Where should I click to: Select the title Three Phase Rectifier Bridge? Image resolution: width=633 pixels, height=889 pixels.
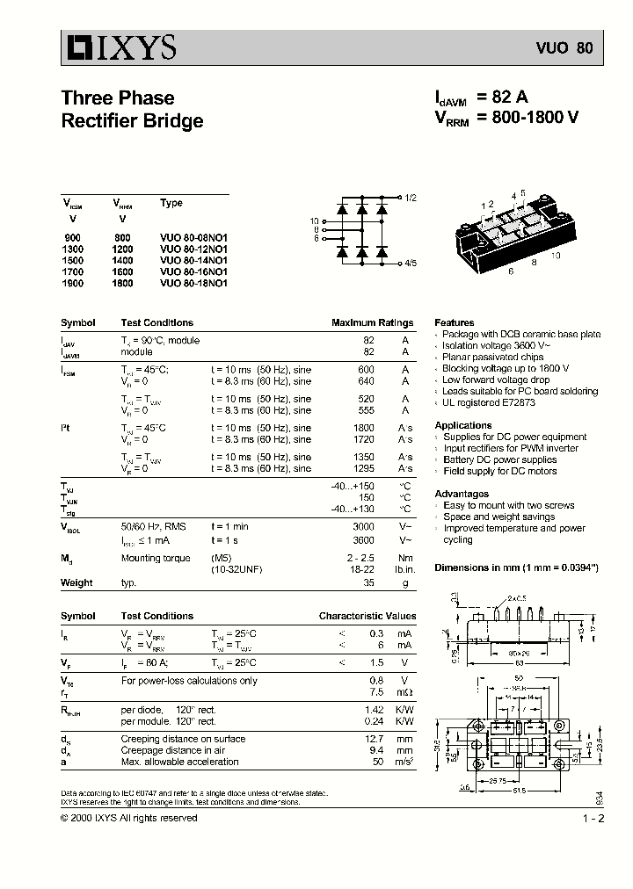132,109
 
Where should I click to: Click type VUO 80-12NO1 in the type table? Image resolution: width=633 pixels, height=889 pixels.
193,249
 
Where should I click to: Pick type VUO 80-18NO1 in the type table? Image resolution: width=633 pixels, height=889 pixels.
193,283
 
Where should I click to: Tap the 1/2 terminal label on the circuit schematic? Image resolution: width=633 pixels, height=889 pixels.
411,198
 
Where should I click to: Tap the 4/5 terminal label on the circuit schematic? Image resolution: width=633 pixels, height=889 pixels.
411,263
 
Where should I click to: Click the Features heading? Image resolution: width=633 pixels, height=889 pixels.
454,322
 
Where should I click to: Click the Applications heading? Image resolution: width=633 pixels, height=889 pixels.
462,425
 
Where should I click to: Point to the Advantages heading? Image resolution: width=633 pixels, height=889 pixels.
462,494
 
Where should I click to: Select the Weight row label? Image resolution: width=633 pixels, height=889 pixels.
76,582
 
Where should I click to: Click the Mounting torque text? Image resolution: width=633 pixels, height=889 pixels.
155,558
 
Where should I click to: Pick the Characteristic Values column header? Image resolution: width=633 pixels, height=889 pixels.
367,616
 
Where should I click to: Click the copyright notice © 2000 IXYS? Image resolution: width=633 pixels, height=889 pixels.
128,818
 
